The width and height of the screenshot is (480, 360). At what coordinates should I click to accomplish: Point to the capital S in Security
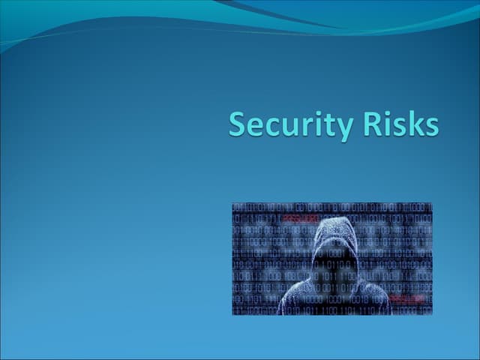238,124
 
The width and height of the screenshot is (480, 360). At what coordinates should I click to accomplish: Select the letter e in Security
255,127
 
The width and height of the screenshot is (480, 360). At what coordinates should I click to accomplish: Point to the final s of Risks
430,127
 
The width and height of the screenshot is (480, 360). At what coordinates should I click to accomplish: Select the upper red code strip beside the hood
300,218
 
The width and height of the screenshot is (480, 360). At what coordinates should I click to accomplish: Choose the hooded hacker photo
332,258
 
